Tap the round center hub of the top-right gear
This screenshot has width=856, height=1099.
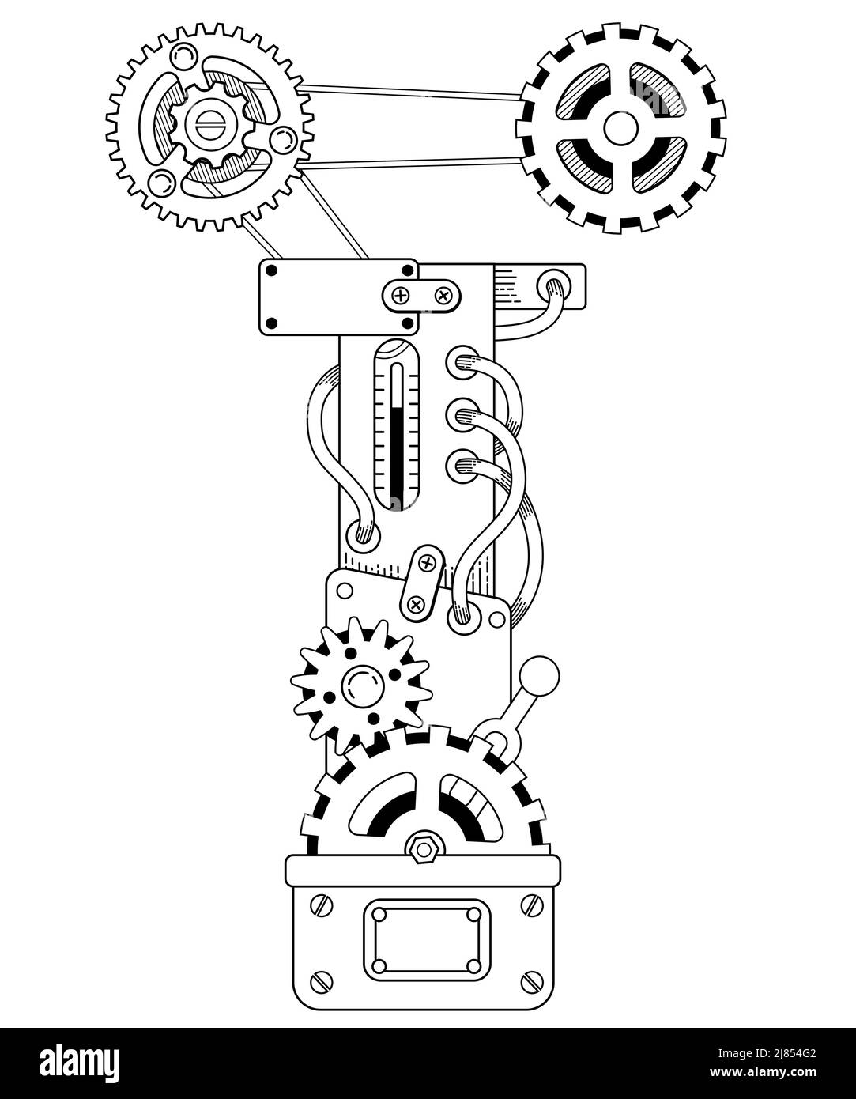coord(620,127)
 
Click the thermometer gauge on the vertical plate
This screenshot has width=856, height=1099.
coord(397,425)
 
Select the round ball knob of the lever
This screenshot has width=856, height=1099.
coord(542,675)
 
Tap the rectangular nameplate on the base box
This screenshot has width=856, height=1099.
coord(427,939)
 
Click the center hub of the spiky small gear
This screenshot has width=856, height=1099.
coord(361,685)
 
